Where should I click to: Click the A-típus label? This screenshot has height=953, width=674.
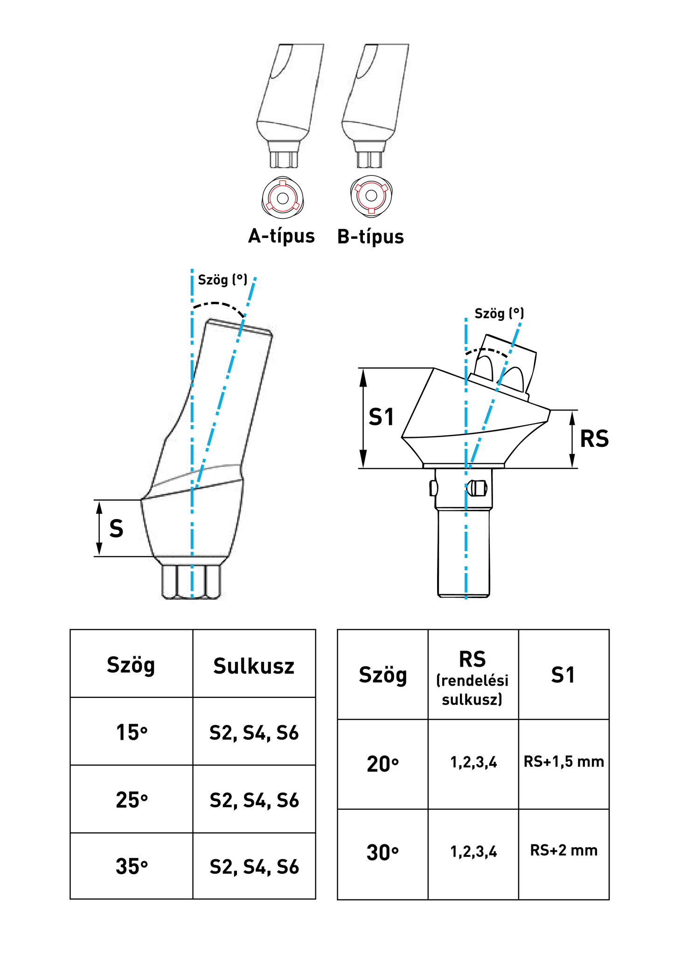(281, 236)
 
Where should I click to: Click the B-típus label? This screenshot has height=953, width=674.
(370, 237)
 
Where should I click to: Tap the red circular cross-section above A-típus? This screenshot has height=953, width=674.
(282, 198)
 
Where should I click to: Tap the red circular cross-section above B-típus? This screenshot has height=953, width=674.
(371, 196)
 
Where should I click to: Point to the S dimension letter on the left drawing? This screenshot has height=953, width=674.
(116, 529)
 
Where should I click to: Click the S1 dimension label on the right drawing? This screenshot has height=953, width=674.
(381, 417)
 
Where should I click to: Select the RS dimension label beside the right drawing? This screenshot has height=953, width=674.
(594, 439)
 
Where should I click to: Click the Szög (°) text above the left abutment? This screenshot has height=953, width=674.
(222, 280)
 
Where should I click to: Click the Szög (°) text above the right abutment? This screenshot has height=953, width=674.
(499, 313)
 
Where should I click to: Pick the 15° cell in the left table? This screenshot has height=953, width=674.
(132, 733)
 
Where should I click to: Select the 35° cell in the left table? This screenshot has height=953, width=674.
(132, 867)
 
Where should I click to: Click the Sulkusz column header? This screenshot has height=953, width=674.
(254, 666)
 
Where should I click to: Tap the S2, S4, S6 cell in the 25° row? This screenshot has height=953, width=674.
(254, 800)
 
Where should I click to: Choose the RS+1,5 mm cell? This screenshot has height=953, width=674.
(563, 762)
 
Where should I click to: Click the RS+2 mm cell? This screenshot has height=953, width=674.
(563, 850)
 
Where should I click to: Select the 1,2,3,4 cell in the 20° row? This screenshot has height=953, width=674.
(473, 763)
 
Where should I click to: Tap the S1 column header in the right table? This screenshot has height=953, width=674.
(563, 675)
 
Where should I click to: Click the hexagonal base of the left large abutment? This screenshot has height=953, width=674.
(191, 581)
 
